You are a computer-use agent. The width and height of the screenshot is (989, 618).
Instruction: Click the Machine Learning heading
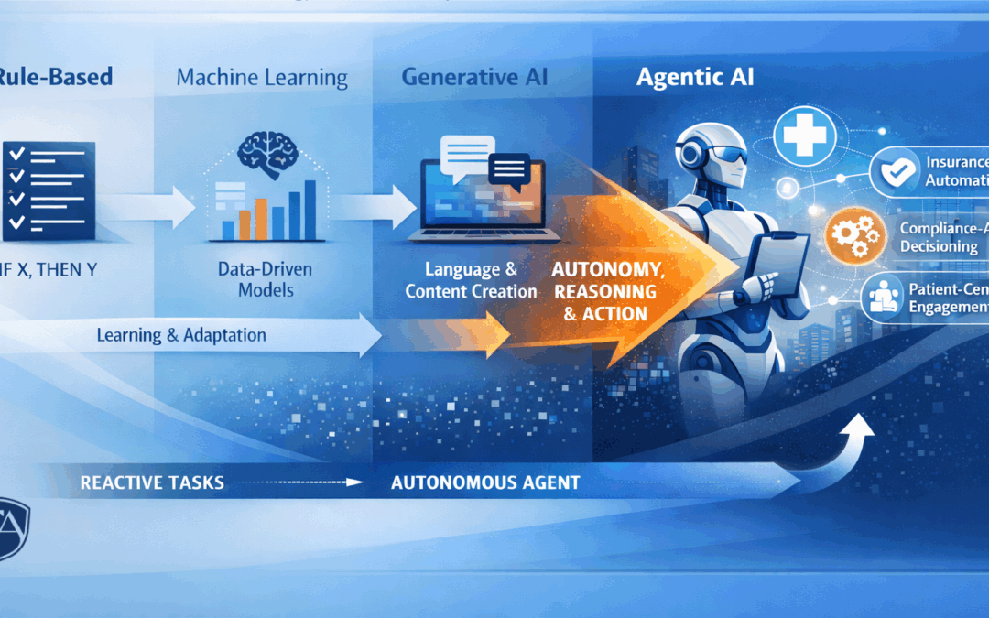click(x=262, y=78)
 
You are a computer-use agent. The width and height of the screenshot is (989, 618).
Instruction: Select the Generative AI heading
click(x=474, y=77)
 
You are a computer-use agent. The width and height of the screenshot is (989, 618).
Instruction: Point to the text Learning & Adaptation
click(x=181, y=335)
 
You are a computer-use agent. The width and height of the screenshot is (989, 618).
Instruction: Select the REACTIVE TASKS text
click(x=151, y=482)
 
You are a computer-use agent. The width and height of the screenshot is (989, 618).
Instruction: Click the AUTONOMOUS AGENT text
click(x=484, y=482)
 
